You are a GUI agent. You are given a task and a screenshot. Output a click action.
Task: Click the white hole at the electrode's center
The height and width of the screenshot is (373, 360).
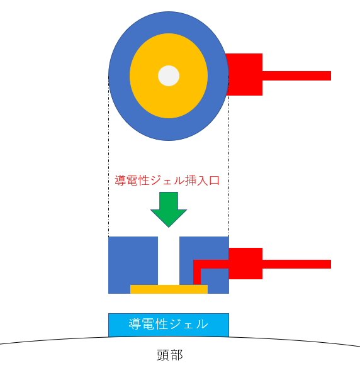pyautogui.click(x=169, y=75)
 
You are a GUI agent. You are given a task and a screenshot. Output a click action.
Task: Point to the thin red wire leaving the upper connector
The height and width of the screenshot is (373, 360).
pyautogui.click(x=296, y=75)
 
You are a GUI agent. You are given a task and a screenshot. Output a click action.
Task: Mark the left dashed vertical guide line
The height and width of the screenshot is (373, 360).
pyautogui.click(x=109, y=156)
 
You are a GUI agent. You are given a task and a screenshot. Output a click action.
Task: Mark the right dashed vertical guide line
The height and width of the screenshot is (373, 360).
pyautogui.click(x=229, y=156)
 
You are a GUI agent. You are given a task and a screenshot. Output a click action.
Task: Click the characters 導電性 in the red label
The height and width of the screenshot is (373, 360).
pyautogui.click(x=132, y=181)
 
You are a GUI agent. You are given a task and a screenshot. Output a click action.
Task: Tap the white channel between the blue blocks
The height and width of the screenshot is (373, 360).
pyautogui.click(x=169, y=260)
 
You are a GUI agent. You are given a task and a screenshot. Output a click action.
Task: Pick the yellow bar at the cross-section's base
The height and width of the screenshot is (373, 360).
pyautogui.click(x=169, y=289)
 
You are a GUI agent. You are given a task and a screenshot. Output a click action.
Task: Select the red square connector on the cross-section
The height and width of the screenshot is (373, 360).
pyautogui.click(x=245, y=264)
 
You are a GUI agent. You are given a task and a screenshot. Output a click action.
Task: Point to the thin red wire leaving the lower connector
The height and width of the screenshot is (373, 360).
pyautogui.click(x=296, y=264)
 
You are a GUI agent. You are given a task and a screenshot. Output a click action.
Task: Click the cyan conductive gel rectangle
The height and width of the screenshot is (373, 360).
pyautogui.click(x=169, y=325)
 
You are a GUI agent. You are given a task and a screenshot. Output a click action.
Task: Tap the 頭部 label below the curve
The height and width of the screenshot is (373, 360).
pyautogui.click(x=170, y=355)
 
